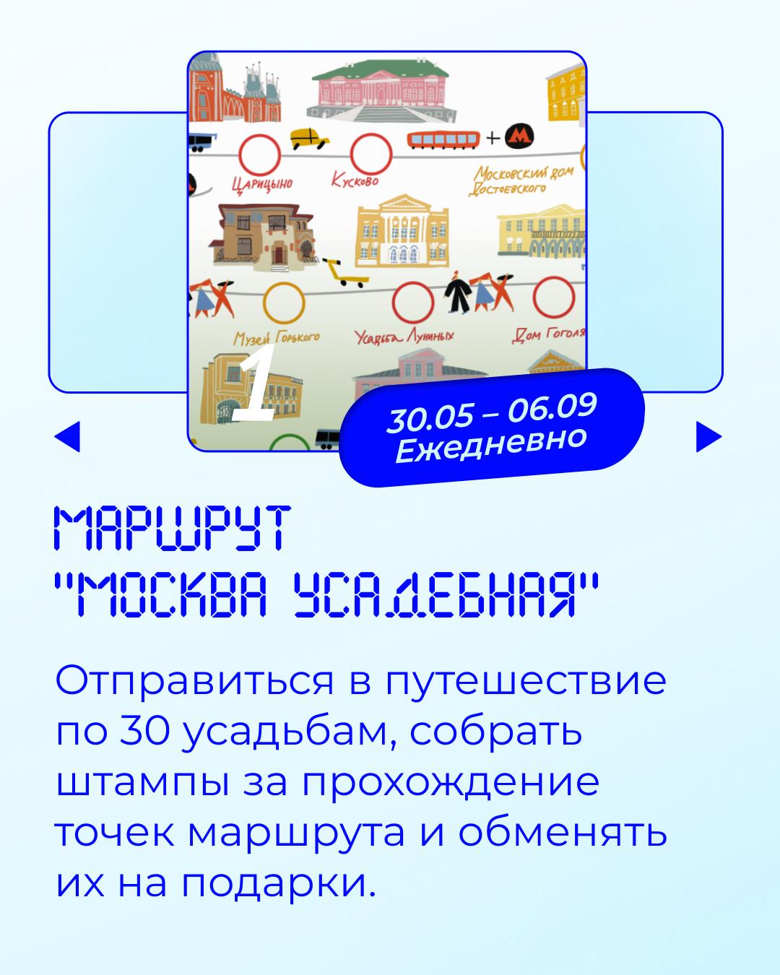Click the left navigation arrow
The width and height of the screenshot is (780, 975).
click(67, 436)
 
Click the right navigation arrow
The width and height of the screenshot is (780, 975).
click(708, 436)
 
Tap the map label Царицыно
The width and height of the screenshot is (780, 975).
click(262, 184)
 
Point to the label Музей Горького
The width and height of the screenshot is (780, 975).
click(277, 337)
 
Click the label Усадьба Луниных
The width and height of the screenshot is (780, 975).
click(404, 336)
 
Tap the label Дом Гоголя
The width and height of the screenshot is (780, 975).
click(548, 335)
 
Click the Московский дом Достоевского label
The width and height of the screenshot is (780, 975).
click(521, 181)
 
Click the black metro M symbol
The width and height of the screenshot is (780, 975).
click(519, 136)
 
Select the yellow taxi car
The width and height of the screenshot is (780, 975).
click(309, 138)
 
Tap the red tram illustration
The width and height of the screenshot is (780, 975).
click(443, 139)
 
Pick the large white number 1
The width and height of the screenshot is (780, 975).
click(254, 382)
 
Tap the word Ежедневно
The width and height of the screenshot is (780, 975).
click(491, 445)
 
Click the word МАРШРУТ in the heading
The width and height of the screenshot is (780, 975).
click(172, 528)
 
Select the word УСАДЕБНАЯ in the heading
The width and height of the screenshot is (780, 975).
click(435, 594)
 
